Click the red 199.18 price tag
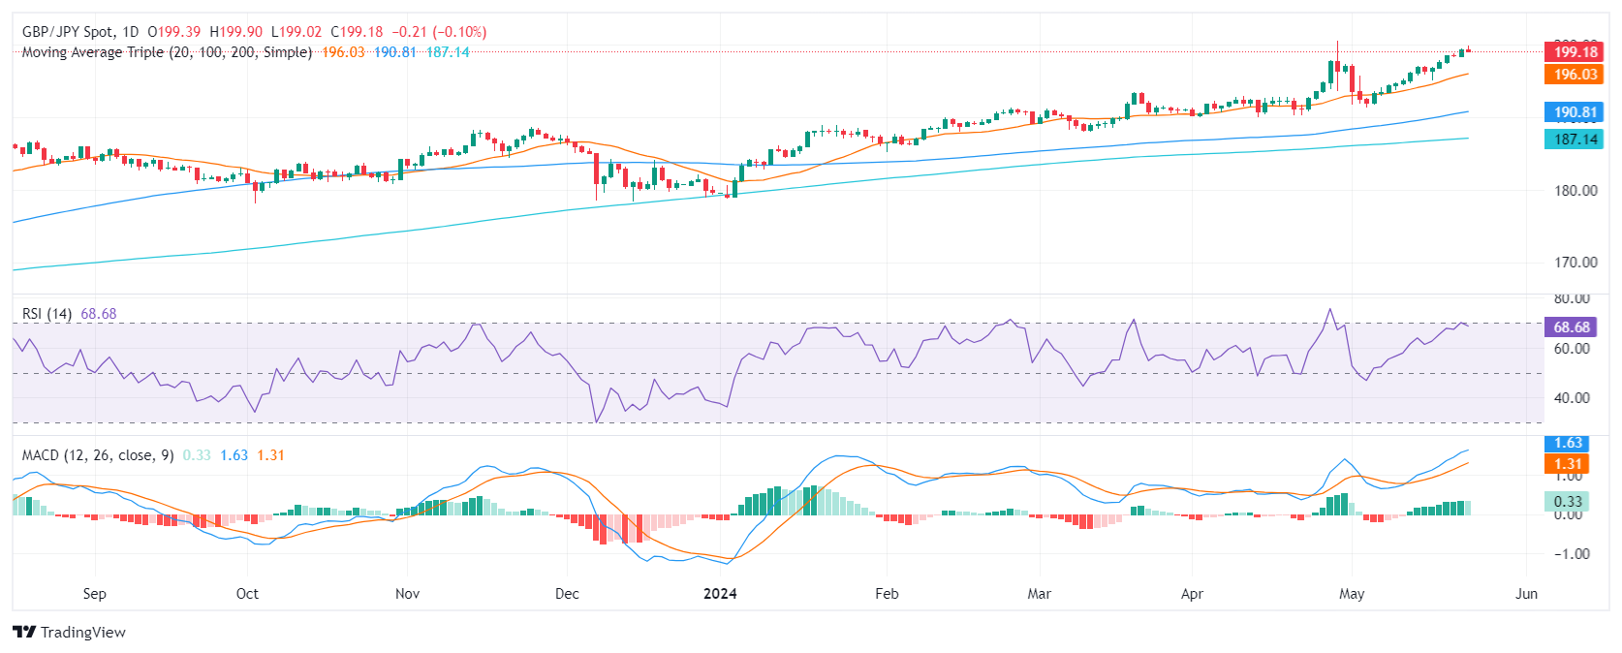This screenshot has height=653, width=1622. coord(1575,52)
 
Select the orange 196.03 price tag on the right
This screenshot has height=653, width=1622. coord(1575,75)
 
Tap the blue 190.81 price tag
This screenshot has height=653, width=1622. coord(1575,112)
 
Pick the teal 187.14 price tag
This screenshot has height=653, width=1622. coord(1575,140)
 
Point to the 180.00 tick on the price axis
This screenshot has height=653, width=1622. coord(1575,191)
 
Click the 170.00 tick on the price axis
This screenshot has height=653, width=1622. coord(1575,263)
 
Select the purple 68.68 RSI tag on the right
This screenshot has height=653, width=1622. coord(1571,327)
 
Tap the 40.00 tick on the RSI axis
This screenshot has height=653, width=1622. coord(1572,398)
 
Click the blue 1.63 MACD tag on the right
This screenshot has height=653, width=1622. coord(1568,444)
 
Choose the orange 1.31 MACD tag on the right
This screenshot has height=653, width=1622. coord(1568,464)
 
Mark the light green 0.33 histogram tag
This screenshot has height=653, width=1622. coord(1568,502)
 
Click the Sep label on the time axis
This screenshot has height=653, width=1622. coord(94,594)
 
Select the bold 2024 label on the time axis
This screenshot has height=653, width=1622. coord(720,594)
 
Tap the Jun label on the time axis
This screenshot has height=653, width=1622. coord(1526,594)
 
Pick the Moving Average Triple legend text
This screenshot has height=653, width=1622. coord(167,52)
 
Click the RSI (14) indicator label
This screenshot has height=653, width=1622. coord(47,314)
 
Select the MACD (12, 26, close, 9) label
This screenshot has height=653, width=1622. coord(98,455)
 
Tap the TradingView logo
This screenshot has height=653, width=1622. coord(70,633)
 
